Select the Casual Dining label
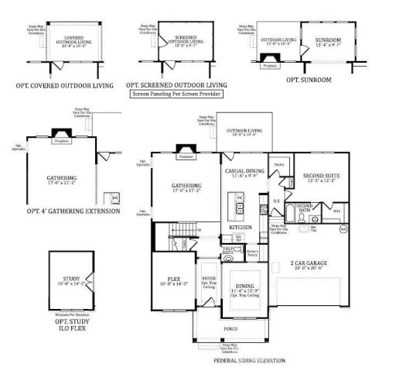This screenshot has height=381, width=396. click(245, 170)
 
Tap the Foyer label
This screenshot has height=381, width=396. click(209, 280)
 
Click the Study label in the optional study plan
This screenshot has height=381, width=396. click(71, 278)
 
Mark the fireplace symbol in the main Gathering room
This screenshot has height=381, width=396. click(185, 149)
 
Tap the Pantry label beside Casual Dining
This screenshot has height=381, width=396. click(279, 165)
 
